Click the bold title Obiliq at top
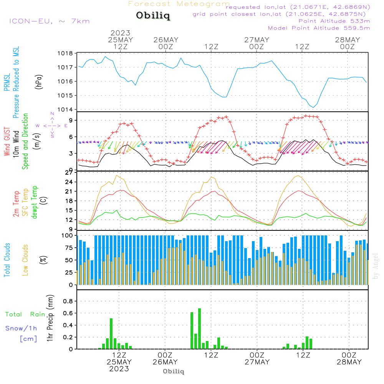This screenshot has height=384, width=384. coord(152,16)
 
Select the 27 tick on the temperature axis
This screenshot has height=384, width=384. coord(69,172)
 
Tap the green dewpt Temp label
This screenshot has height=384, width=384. coord(35,202)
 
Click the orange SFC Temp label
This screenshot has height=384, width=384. coord(25,202)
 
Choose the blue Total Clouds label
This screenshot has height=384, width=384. coord(7,260)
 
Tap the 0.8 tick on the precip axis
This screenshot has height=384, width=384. coord(68,301)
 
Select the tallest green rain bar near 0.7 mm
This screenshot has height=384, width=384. coord(200,328)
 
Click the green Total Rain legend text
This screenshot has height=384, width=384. coord(25,314)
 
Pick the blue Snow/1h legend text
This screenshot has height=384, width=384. coord(22,328)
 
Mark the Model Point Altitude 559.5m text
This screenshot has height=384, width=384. coord(319,28)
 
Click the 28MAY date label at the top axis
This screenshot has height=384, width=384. coord(348,40)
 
